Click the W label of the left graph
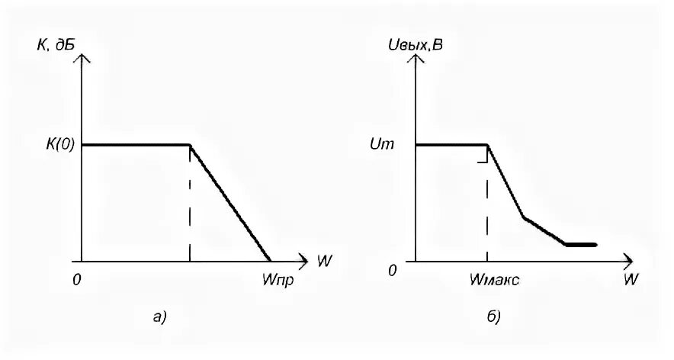click(x=324, y=261)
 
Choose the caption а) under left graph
click(x=159, y=317)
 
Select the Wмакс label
click(x=494, y=281)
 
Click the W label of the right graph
click(x=630, y=280)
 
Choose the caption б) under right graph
click(x=493, y=317)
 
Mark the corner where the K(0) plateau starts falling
click(x=189, y=145)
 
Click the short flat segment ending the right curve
click(x=580, y=245)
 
